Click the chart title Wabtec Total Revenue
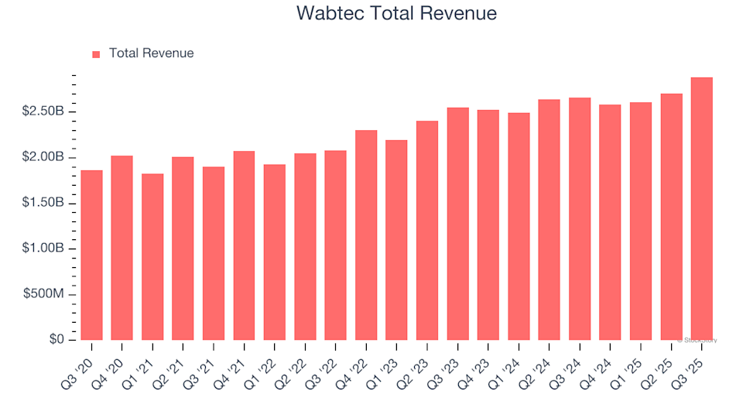pyautogui.click(x=396, y=13)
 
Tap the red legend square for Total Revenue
pyautogui.click(x=96, y=54)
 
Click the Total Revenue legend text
pyautogui.click(x=151, y=53)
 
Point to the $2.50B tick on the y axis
pyautogui.click(x=43, y=112)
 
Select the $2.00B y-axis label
pyautogui.click(x=43, y=158)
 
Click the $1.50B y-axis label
pyautogui.click(x=43, y=204)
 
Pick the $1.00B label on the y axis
pyautogui.click(x=43, y=248)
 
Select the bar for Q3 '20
pyautogui.click(x=91, y=255)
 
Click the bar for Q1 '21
pyautogui.click(x=152, y=257)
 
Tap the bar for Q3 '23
pyautogui.click(x=457, y=224)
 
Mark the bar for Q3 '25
pyautogui.click(x=701, y=209)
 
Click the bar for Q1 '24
pyautogui.click(x=519, y=227)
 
